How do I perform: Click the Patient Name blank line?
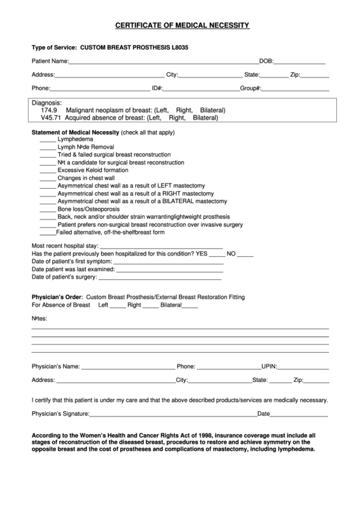point(163,63)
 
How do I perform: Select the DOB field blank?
point(300,63)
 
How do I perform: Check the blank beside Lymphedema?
point(48,139)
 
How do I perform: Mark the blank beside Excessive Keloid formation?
point(48,171)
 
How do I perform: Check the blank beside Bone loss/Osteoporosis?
point(48,209)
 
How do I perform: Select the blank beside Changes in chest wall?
point(48,178)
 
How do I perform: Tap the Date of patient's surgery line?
point(166,278)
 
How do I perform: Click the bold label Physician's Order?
point(57,298)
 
